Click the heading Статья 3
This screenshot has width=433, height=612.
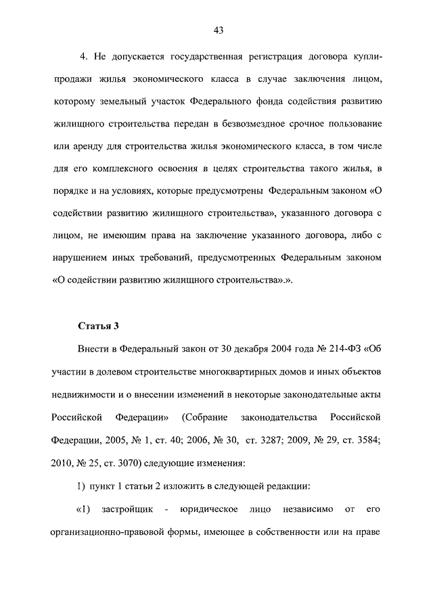[99, 325]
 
